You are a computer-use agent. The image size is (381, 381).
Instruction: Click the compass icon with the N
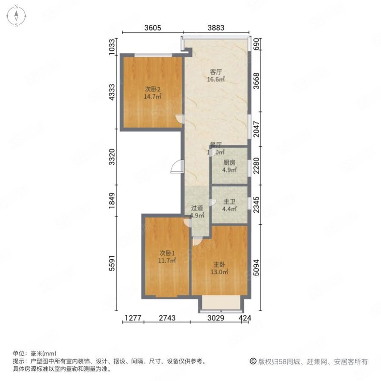click(x=16, y=16)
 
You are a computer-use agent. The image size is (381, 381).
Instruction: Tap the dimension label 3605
click(x=153, y=28)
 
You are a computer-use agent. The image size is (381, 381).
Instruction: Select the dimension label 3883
click(x=214, y=28)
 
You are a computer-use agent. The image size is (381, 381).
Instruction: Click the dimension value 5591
click(x=112, y=263)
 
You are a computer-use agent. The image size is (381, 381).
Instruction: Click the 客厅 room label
click(x=216, y=72)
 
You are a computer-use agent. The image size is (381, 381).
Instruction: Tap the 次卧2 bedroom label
click(x=153, y=89)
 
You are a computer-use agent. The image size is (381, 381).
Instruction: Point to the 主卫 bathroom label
click(x=230, y=201)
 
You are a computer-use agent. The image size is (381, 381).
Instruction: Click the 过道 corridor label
click(x=197, y=208)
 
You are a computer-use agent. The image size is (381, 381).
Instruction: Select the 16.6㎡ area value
click(x=216, y=80)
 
